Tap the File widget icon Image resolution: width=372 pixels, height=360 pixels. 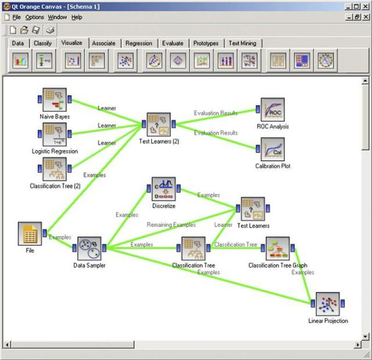coord(30,234)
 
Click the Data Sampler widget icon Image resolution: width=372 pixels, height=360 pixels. coord(90,249)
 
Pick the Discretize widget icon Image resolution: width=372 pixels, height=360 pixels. coord(163,189)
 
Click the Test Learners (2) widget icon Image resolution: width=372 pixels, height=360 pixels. coord(159,124)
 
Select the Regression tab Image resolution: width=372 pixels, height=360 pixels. coord(139,43)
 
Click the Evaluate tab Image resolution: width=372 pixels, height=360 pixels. coord(173,43)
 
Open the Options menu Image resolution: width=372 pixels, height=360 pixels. coord(34,17)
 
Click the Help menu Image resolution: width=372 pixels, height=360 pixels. coord(77,17)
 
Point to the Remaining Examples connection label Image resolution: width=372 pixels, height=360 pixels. coord(171,224)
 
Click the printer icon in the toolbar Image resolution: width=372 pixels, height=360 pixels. coord(51,30)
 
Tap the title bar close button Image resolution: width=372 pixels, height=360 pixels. coord(365,6)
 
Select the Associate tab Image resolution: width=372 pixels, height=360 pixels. coord(103,43)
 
